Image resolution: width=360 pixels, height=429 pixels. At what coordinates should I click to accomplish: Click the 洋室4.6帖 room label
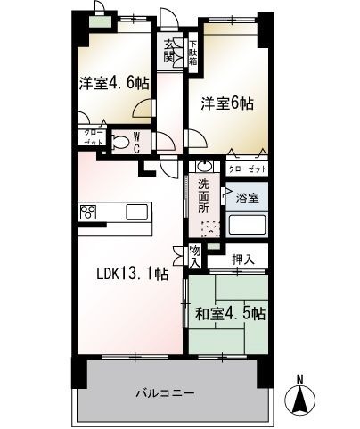(114, 84)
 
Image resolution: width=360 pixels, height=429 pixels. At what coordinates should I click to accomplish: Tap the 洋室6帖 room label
(227, 103)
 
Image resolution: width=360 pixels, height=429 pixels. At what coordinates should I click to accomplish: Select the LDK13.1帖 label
(133, 274)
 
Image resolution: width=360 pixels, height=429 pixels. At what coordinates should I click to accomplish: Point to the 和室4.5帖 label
(230, 313)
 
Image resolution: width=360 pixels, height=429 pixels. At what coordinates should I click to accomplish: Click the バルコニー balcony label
(166, 393)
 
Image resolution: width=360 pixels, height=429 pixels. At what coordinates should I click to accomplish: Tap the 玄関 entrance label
(169, 50)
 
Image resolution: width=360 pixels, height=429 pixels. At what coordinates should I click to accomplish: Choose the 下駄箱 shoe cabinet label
(193, 53)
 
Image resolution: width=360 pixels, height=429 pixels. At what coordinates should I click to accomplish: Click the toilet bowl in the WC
(120, 143)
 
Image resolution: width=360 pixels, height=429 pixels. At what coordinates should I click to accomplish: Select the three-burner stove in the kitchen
(88, 212)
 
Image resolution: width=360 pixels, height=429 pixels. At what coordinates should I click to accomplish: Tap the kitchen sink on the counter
(137, 212)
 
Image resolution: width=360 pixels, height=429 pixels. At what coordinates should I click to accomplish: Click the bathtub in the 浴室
(247, 225)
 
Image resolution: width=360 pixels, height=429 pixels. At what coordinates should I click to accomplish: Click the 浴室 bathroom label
(247, 198)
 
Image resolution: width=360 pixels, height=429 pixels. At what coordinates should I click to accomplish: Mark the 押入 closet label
(243, 260)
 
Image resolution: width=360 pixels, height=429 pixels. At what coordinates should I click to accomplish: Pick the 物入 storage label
(195, 256)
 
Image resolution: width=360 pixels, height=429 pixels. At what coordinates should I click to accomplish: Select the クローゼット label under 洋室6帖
(247, 169)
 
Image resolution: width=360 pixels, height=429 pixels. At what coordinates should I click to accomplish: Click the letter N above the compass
(300, 379)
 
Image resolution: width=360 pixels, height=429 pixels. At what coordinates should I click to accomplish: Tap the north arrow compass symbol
(300, 400)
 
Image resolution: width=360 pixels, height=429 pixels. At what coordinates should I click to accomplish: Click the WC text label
(136, 143)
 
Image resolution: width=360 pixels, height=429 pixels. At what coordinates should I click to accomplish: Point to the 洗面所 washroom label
(204, 196)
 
